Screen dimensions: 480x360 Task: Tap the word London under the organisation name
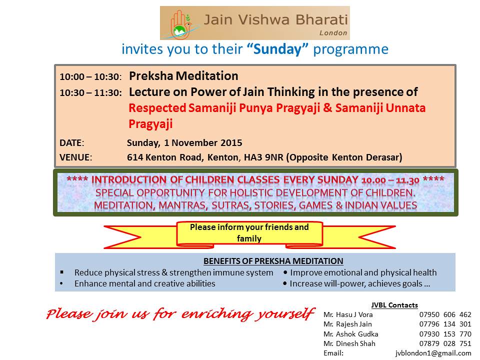tap(333, 33)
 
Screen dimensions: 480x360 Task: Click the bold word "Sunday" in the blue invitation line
tap(277, 49)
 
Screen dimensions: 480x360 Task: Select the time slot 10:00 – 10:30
tap(90, 76)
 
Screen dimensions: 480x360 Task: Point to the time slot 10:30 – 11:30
tap(90, 92)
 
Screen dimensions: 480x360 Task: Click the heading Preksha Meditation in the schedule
tap(183, 76)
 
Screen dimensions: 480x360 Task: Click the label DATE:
tap(71, 142)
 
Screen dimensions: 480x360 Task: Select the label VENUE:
tap(75, 157)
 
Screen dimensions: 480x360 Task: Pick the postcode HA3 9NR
tap(263, 157)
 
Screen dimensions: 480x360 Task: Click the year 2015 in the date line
tap(231, 142)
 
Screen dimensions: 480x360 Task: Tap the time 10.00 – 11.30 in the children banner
tap(390, 180)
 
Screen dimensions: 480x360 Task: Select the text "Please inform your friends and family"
tap(249, 232)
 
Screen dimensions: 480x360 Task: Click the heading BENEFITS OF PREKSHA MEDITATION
tap(273, 261)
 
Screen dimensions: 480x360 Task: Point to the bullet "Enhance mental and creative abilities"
tap(145, 283)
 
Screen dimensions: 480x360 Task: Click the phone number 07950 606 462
tap(445, 314)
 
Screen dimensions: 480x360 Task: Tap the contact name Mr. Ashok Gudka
tap(351, 334)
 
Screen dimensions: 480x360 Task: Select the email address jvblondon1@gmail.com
tap(433, 353)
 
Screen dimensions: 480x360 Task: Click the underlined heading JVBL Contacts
tap(394, 305)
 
